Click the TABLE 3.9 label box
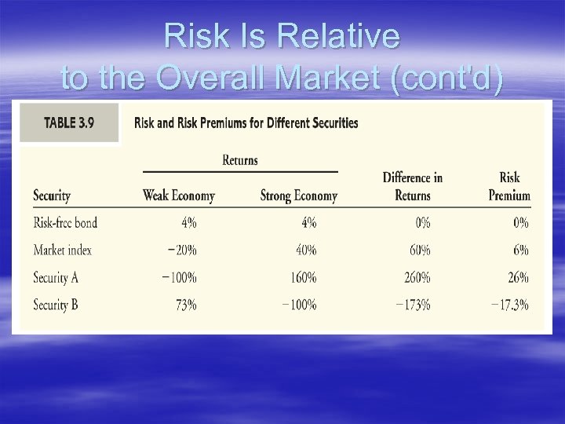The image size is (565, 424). pyautogui.click(x=69, y=122)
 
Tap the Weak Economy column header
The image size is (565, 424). pyautogui.click(x=178, y=196)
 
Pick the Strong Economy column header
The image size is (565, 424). pyautogui.click(x=299, y=196)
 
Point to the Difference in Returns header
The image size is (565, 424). pyautogui.click(x=413, y=186)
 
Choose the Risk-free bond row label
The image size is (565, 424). pyautogui.click(x=65, y=222)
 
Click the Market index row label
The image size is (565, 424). pyautogui.click(x=63, y=250)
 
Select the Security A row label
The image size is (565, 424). pyautogui.click(x=56, y=277)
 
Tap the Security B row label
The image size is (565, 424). pyautogui.click(x=56, y=304)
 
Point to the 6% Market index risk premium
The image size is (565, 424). pyautogui.click(x=519, y=250)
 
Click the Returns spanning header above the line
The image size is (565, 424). pyautogui.click(x=240, y=160)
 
